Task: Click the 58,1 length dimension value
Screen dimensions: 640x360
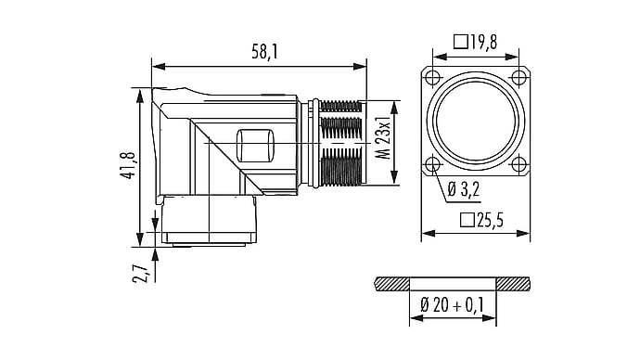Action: (x=264, y=52)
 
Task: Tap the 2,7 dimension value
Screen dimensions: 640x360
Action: (x=140, y=273)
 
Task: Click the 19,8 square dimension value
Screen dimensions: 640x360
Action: (x=483, y=42)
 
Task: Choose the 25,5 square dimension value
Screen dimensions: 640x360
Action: (x=490, y=221)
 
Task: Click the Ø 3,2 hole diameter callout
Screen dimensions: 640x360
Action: (x=463, y=189)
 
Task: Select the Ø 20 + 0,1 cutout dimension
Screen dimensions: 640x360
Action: (x=453, y=304)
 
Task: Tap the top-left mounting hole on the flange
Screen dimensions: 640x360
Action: (x=432, y=77)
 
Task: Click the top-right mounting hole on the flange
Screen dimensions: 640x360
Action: (x=518, y=77)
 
